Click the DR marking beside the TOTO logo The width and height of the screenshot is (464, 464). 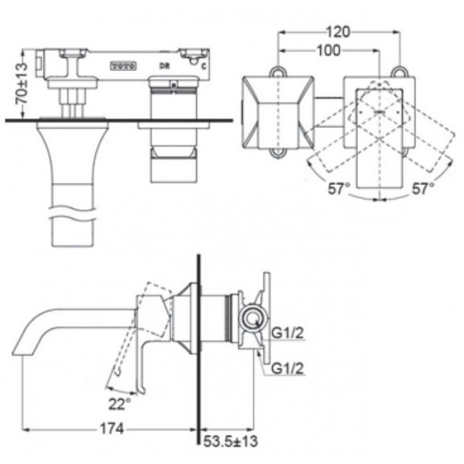pos(162,65)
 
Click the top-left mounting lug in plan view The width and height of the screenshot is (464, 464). pos(276,71)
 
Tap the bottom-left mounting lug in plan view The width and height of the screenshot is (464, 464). pos(277,151)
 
